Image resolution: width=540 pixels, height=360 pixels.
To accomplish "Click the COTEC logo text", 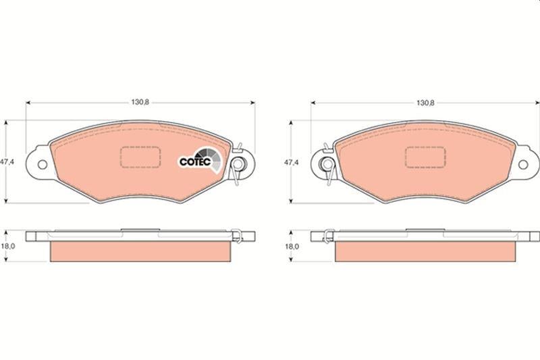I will (194, 162).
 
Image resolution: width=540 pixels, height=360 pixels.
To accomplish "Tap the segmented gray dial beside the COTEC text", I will (213, 159).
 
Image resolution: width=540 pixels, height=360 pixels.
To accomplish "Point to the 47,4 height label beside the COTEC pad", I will (7, 163).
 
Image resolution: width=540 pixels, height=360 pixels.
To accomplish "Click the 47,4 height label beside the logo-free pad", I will (291, 163).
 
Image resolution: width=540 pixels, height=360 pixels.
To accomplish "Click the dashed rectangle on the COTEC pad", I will (140, 157).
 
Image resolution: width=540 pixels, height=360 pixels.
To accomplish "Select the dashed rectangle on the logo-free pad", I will (425, 157).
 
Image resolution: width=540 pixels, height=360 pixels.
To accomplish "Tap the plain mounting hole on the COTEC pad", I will (42, 163).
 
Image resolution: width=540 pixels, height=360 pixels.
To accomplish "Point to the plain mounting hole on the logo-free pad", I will (524, 163).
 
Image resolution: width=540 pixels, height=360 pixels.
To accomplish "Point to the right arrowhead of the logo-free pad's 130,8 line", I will (537, 103).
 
